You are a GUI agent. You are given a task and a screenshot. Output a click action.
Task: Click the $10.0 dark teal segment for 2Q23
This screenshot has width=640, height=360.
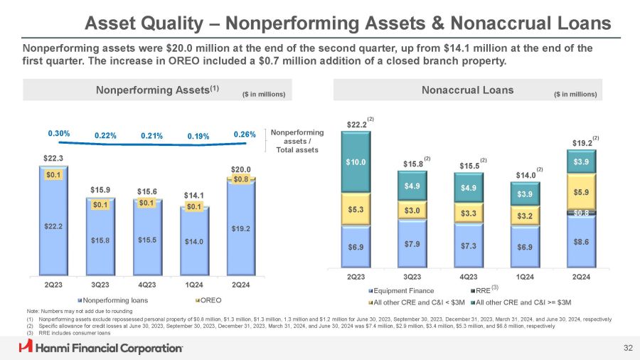[x=358, y=162]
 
